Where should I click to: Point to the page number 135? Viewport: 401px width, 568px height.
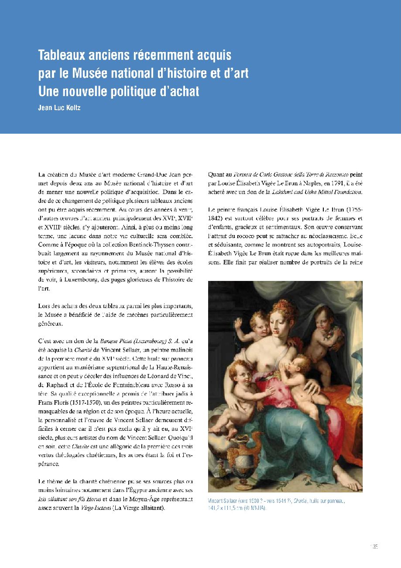click(374, 546)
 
